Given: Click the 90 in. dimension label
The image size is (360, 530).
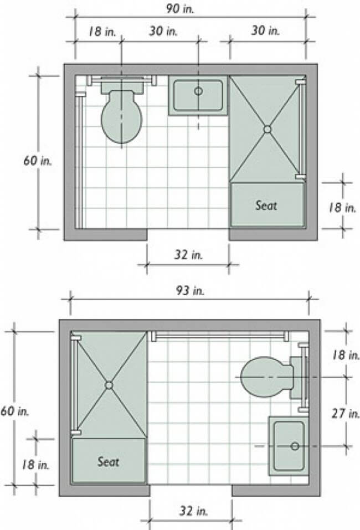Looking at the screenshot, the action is pyautogui.click(x=180, y=9).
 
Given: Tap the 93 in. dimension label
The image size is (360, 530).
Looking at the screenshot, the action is pyautogui.click(x=190, y=290).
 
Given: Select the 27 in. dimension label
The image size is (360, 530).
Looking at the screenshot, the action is pyautogui.click(x=346, y=413).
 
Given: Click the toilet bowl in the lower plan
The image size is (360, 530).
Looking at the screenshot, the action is pyautogui.click(x=267, y=377).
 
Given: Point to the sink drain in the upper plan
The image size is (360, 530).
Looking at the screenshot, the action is pyautogui.click(x=198, y=91).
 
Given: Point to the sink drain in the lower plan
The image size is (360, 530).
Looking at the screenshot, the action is pyautogui.click(x=295, y=446).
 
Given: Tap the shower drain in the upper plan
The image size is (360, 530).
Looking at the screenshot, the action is pyautogui.click(x=268, y=129).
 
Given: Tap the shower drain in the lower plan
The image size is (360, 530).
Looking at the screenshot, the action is pyautogui.click(x=109, y=385).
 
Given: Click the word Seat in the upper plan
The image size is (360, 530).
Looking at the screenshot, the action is pyautogui.click(x=266, y=205).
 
